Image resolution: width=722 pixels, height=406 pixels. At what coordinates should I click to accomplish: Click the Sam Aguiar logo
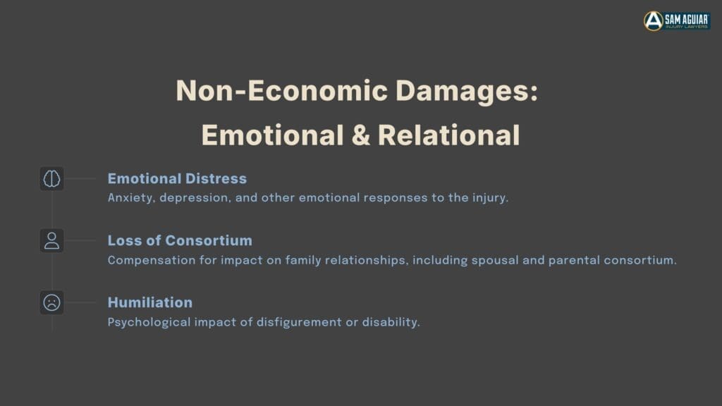point(676,20)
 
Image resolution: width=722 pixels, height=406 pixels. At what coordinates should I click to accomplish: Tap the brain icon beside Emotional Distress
point(51,178)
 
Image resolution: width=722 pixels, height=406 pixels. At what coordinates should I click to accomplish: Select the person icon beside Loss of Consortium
point(51,240)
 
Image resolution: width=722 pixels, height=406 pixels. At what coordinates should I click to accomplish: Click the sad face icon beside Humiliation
point(51,302)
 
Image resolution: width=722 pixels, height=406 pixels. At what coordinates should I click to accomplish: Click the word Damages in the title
point(467,91)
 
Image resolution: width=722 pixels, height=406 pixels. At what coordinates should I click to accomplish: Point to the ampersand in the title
point(360,135)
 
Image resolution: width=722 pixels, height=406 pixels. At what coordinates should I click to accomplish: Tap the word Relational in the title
point(448,135)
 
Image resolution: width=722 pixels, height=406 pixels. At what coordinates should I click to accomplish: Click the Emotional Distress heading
point(177,178)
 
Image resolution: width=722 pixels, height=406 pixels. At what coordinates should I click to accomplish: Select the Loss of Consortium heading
point(180,240)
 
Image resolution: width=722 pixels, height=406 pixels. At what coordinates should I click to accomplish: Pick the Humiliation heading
point(150,302)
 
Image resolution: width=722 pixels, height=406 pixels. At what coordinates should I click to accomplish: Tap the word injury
point(490,198)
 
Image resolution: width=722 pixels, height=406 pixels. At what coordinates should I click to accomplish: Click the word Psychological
point(149,322)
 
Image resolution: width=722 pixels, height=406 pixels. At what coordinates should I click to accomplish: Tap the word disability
point(391,322)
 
